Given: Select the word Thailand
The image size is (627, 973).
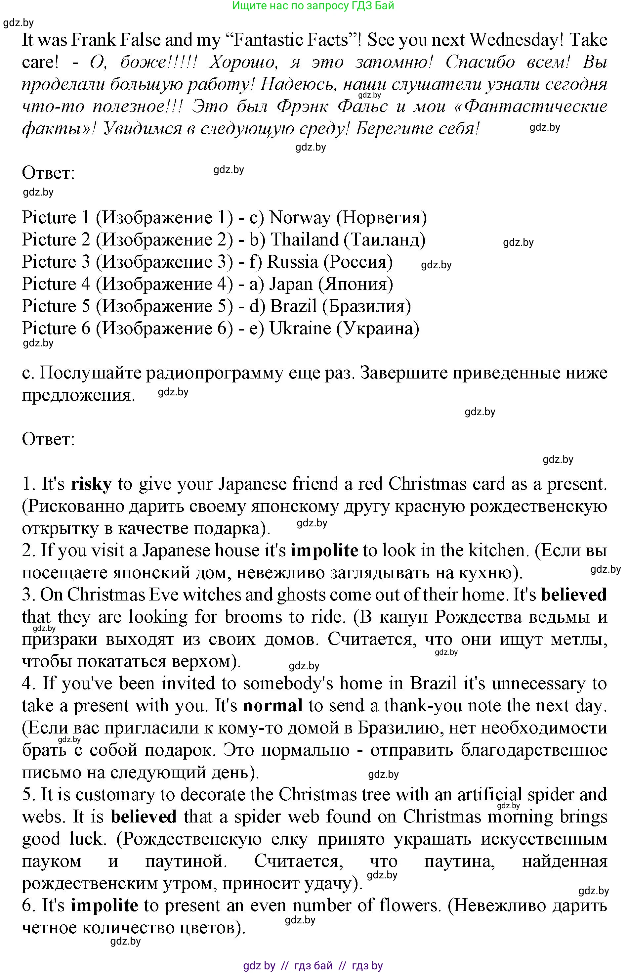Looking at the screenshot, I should click(305, 240).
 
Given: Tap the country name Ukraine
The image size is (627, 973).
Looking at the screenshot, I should click(300, 329).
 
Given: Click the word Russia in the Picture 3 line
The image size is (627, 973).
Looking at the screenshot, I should click(292, 262).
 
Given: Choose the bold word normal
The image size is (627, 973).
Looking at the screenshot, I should click(272, 706).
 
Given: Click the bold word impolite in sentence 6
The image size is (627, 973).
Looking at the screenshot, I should click(104, 906).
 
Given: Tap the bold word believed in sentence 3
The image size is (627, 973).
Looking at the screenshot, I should click(573, 595).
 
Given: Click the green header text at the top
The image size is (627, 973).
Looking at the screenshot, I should click(313, 6).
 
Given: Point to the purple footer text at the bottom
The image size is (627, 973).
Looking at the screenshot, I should click(313, 965).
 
